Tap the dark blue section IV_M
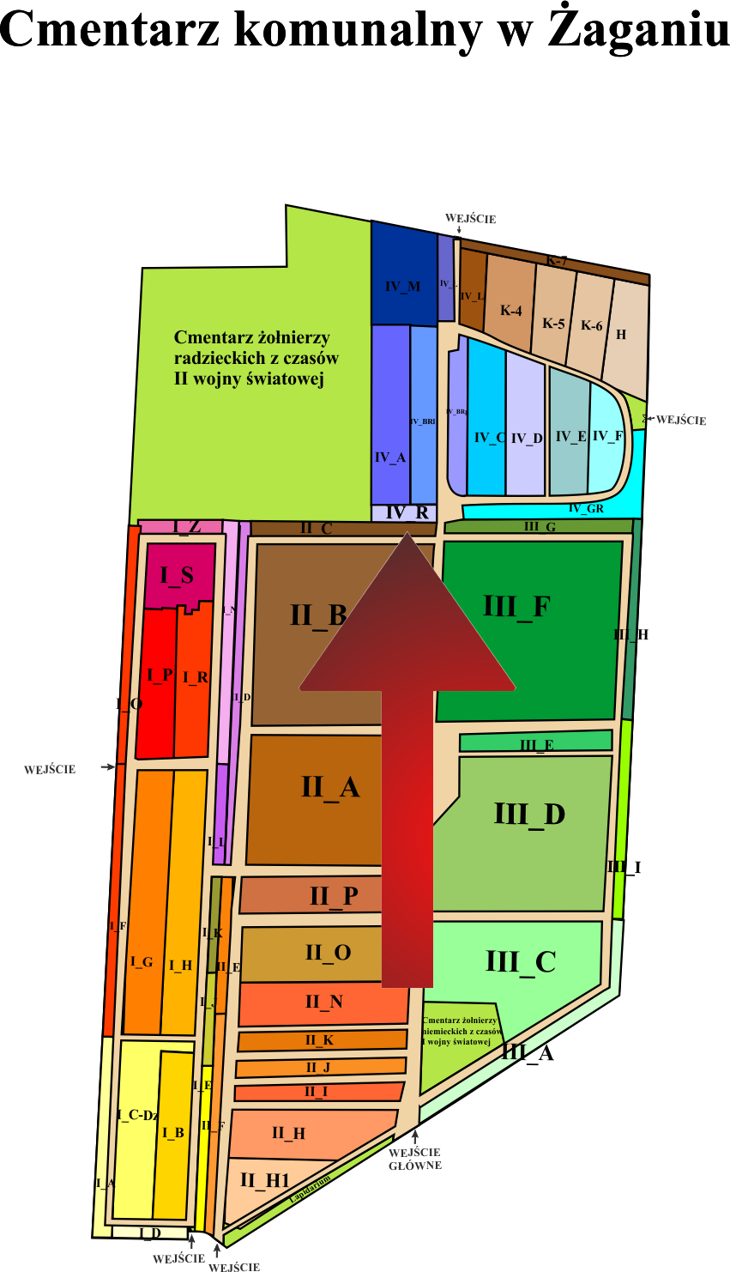click(403, 286)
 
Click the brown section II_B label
click(318, 615)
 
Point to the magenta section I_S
click(177, 576)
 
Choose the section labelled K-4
click(511, 311)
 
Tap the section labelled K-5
click(553, 324)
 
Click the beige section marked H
click(621, 334)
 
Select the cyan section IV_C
click(489, 438)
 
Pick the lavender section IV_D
click(527, 439)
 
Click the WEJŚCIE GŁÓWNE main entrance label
click(415, 1159)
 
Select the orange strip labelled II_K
click(319, 1040)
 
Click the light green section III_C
click(521, 961)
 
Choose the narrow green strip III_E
click(536, 743)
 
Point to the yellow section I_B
click(173, 1133)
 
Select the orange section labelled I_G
click(142, 962)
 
